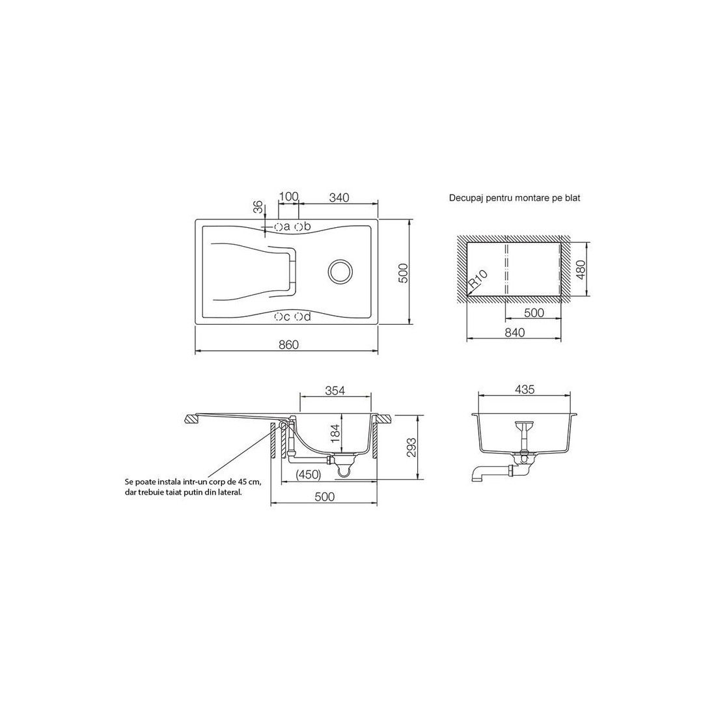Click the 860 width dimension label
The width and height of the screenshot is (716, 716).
288,345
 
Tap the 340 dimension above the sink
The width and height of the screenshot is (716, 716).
339,197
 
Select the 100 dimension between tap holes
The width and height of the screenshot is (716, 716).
288,197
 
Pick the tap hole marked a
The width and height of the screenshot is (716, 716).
278,227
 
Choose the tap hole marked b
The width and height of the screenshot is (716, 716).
298,227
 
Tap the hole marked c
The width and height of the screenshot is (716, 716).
278,316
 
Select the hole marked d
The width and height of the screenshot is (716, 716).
298,316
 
